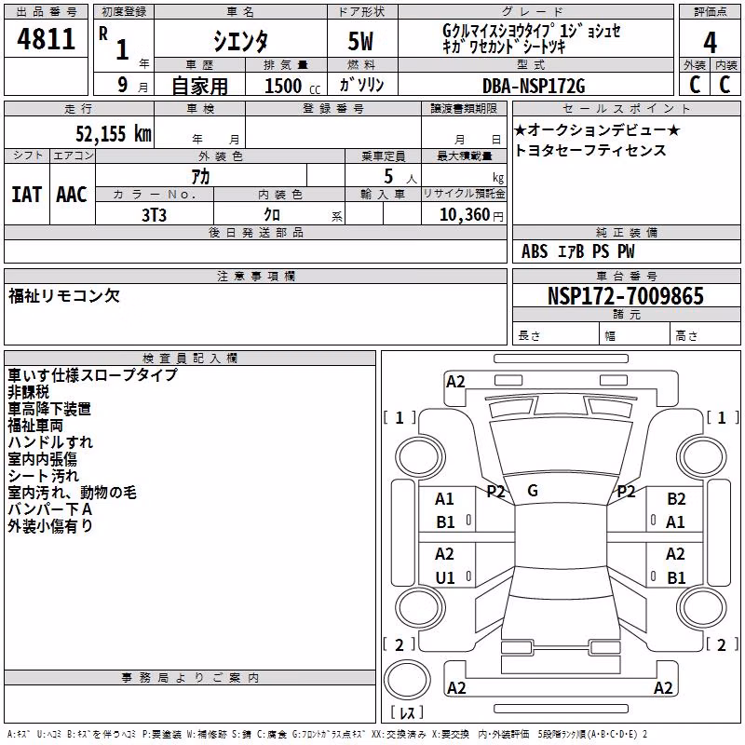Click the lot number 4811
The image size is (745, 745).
point(46,38)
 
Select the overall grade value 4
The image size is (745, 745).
point(710,43)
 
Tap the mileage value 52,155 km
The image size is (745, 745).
point(114,133)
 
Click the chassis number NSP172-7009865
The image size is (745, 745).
point(625,296)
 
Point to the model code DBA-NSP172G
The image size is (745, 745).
point(534,86)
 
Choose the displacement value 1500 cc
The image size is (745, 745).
point(292,86)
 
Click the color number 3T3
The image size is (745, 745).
point(154,215)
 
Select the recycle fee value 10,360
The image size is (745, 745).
point(464,214)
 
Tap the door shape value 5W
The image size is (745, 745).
point(360,41)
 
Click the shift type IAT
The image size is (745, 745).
point(27,195)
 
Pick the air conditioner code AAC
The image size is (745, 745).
point(72,195)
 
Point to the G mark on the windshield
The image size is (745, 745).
point(533,491)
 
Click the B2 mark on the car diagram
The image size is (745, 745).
point(676,499)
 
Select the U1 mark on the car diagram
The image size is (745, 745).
point(445,577)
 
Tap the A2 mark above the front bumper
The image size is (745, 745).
point(455,382)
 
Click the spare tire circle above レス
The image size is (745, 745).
point(407,680)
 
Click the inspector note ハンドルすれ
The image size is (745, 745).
point(50,442)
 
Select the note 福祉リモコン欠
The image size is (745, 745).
point(64,296)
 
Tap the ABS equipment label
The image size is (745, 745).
point(535,251)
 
